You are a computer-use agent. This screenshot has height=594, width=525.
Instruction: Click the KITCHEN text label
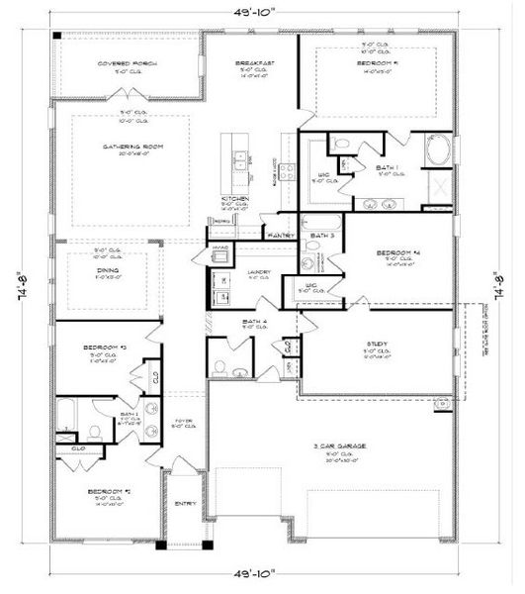[234, 199]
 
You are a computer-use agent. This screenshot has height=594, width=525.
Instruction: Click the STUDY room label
[377, 345]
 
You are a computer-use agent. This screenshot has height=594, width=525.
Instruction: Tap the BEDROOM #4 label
[396, 253]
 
